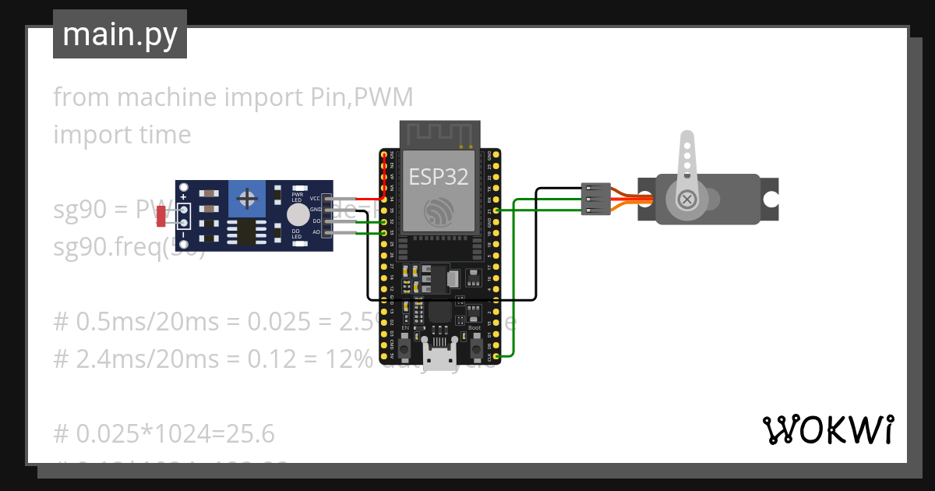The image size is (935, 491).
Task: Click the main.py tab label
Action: coord(119,34)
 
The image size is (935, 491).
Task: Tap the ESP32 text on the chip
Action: coord(439,177)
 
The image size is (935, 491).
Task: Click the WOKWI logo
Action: coord(827,429)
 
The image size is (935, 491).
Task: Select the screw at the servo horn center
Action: coord(687,200)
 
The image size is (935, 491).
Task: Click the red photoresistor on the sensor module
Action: coord(161,216)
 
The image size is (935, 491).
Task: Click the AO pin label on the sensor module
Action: coord(316,232)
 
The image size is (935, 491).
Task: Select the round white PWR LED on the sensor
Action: coord(298,215)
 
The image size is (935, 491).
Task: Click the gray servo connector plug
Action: coord(595,199)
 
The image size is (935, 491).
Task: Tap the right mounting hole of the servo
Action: coord(770,200)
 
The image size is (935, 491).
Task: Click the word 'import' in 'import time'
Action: coord(85,135)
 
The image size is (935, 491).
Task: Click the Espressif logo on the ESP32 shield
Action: coord(439,210)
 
